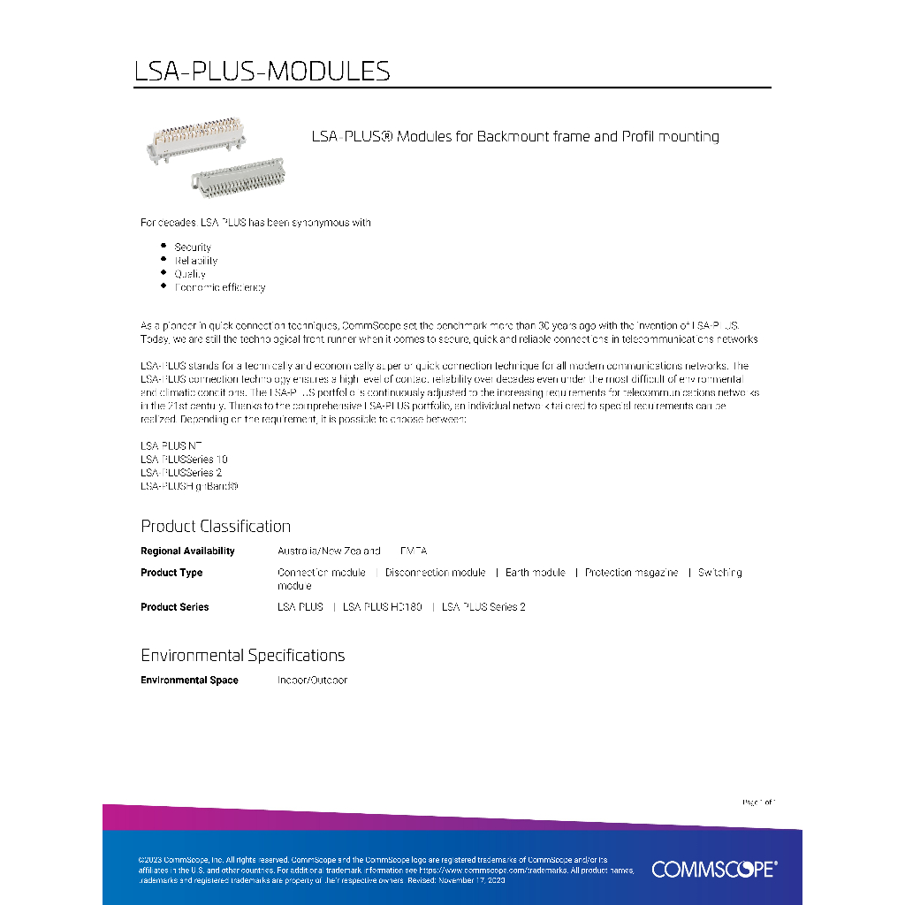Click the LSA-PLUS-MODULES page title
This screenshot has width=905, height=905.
(262, 71)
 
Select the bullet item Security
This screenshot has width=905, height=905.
(193, 247)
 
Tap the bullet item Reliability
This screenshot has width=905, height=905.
(195, 261)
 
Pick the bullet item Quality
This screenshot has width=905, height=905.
(190, 274)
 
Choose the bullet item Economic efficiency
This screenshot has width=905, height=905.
(219, 287)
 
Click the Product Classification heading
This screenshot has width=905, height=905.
(216, 526)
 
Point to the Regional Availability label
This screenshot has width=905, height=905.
(187, 551)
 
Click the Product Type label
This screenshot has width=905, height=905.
(171, 573)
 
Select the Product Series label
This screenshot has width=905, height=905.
(175, 607)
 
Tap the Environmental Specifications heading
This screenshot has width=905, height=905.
(242, 656)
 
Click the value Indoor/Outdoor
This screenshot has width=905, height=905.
(312, 681)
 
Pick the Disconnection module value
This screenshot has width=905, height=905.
(435, 573)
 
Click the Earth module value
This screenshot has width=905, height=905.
(535, 573)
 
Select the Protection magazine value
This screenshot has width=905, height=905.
(631, 573)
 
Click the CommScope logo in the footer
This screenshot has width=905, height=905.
(714, 870)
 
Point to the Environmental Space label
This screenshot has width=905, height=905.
(189, 681)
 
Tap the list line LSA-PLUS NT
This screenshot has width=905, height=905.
(171, 446)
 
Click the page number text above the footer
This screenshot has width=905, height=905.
(757, 802)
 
